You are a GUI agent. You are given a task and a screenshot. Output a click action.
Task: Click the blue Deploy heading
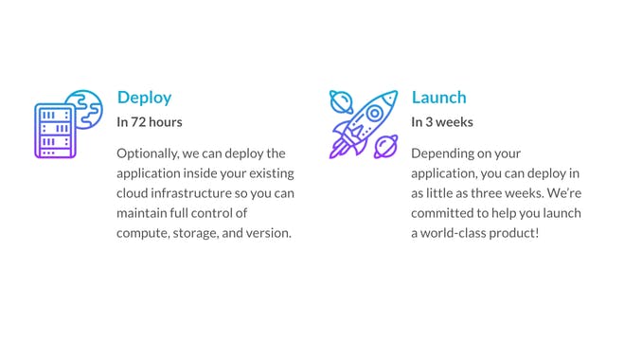point(144,98)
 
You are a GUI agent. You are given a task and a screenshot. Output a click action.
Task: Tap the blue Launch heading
point(438,98)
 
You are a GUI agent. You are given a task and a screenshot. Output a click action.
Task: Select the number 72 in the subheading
point(139,122)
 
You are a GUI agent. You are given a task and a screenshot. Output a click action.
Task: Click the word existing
point(269,173)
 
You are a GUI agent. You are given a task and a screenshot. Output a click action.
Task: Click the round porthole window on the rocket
point(375,114)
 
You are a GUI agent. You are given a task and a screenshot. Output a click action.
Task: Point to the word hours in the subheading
point(166,122)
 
